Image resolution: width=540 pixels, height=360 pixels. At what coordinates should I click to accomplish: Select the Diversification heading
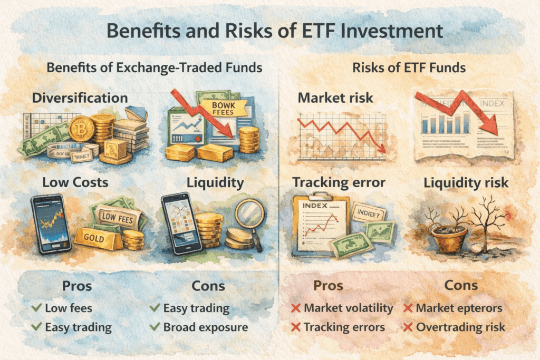pyautogui.click(x=80, y=98)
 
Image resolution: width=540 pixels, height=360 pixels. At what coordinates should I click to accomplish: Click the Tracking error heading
pyautogui.click(x=339, y=182)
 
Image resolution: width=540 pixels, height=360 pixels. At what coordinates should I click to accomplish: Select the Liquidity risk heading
pyautogui.click(x=467, y=182)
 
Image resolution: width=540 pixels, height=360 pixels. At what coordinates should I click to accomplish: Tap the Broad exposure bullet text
pyautogui.click(x=206, y=327)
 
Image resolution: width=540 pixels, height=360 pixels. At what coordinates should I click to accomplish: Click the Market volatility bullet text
pyautogui.click(x=349, y=308)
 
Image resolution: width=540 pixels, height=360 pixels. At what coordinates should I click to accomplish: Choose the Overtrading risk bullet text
pyautogui.click(x=460, y=327)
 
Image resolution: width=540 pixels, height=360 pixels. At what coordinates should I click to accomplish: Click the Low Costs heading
pyautogui.click(x=75, y=182)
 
